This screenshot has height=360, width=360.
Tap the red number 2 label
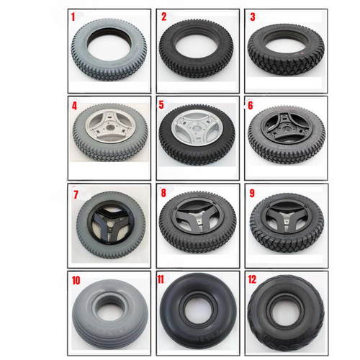163,17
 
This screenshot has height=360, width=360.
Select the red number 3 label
252,17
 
